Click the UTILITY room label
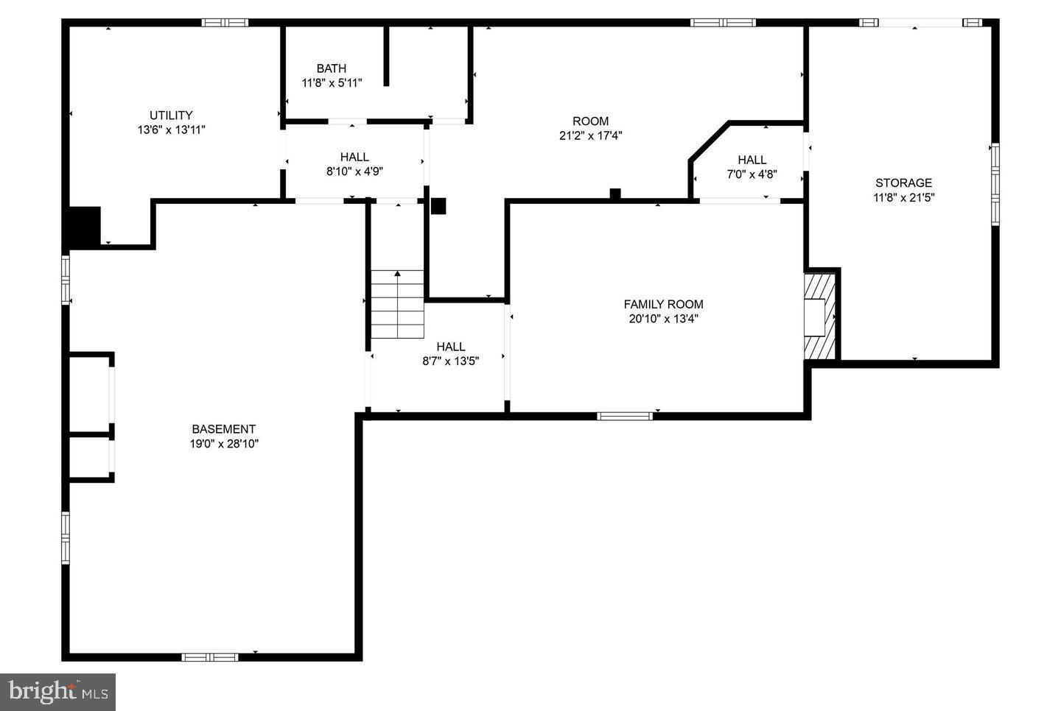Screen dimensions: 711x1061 click(171, 116)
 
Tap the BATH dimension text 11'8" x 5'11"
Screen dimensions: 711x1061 click(332, 83)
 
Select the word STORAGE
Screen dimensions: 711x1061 click(903, 183)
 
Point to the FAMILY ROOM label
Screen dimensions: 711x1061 click(663, 304)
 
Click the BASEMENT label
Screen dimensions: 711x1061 click(223, 429)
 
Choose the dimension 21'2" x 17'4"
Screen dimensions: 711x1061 click(591, 135)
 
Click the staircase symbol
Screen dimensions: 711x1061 click(397, 304)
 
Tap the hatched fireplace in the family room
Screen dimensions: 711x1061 click(819, 316)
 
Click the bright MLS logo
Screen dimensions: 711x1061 click(57, 692)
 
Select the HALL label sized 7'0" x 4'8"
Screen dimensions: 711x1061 click(752, 160)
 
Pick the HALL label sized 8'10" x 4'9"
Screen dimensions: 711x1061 click(354, 157)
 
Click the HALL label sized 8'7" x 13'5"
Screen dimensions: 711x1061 click(450, 347)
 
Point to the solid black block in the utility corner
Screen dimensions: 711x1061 click(84, 227)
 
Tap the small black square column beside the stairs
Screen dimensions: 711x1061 click(438, 206)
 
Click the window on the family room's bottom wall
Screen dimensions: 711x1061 click(625, 416)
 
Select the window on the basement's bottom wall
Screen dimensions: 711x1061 click(210, 657)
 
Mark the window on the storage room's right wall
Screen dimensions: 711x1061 click(995, 183)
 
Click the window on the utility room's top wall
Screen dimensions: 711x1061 click(225, 23)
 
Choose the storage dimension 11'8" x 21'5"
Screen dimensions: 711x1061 click(903, 197)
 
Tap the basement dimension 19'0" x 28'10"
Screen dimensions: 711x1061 click(223, 444)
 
